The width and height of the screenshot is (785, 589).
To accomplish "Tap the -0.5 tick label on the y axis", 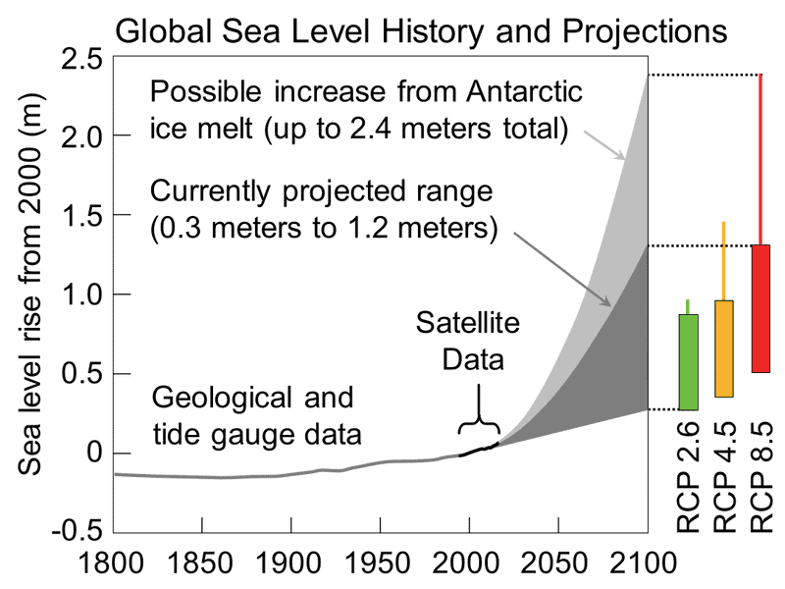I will pyautogui.click(x=75, y=532).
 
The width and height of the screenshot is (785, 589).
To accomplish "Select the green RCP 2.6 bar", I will pyautogui.click(x=689, y=361).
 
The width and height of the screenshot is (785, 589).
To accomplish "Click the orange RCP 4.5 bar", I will pyautogui.click(x=724, y=348).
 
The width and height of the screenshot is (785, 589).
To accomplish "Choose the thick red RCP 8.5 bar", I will pyautogui.click(x=760, y=308).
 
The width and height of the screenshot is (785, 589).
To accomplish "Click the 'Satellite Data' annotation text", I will pyautogui.click(x=459, y=341).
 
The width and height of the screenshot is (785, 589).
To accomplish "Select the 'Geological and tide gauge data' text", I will pyautogui.click(x=252, y=414).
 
